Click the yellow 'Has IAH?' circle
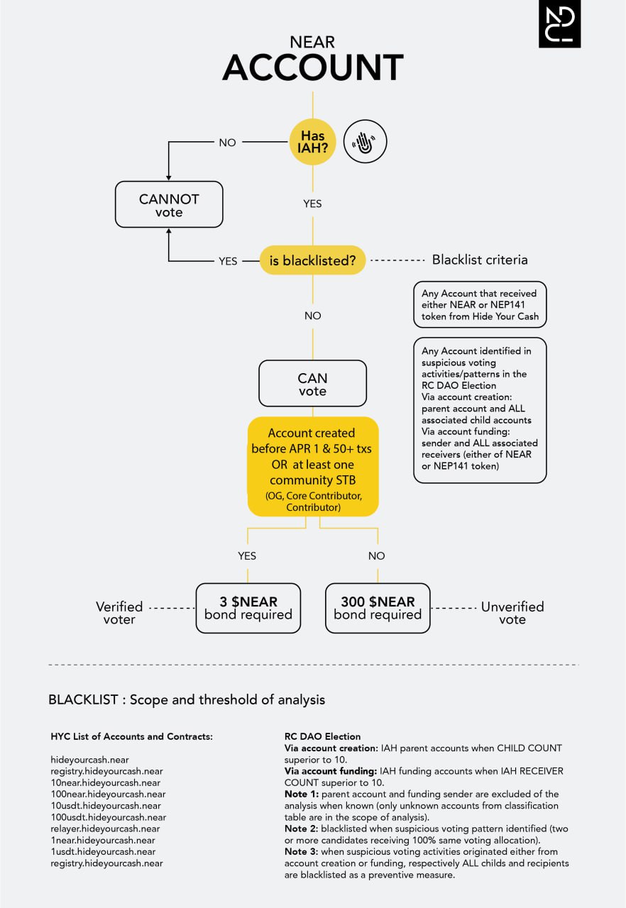(x=312, y=142)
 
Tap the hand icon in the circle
(x=365, y=141)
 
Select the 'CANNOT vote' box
(x=169, y=204)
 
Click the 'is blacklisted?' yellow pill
(x=312, y=260)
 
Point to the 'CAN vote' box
(x=312, y=384)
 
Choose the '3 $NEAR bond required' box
(x=248, y=608)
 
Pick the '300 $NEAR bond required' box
(x=378, y=608)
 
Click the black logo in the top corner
(x=559, y=23)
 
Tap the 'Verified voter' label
(x=119, y=613)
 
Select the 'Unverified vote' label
(x=512, y=613)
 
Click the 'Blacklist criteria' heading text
(x=480, y=260)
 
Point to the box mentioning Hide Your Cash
(x=480, y=304)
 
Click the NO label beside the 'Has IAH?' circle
(x=227, y=143)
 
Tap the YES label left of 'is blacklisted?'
(x=228, y=261)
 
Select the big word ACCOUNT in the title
(x=312, y=67)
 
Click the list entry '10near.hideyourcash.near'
(x=106, y=782)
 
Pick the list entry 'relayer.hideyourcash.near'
(x=106, y=829)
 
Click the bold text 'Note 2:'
(x=301, y=829)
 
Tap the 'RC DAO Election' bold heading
(x=322, y=736)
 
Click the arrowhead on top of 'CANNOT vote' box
(x=169, y=178)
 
